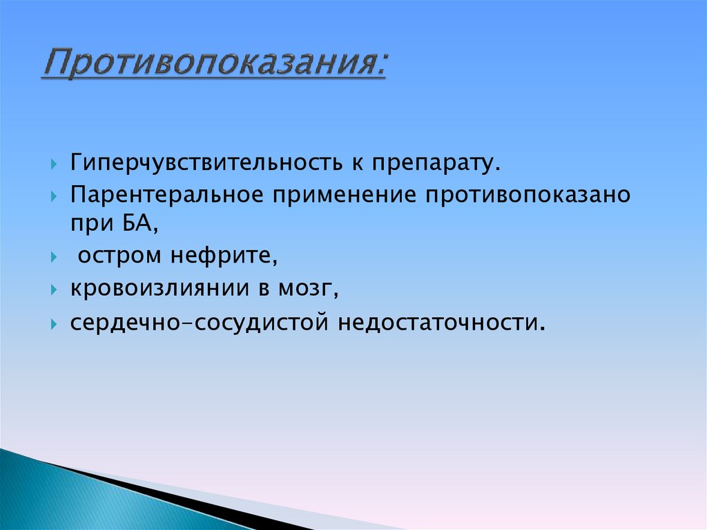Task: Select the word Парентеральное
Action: tap(166, 196)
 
